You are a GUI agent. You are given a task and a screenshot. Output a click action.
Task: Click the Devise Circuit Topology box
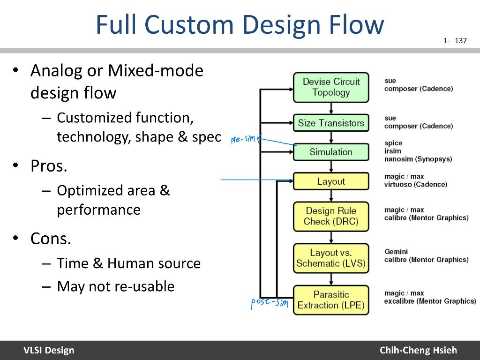tap(331, 87)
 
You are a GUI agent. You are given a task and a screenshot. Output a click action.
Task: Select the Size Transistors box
tap(331, 123)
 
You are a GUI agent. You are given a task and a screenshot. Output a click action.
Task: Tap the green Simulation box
tap(331, 152)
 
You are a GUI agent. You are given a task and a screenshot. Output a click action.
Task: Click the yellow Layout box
tap(331, 181)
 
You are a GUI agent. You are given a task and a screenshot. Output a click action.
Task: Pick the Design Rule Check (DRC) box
tap(331, 216)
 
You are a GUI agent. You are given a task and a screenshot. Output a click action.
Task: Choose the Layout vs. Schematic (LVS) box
tap(331, 258)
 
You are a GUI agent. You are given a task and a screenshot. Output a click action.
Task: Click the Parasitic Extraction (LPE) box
tap(331, 300)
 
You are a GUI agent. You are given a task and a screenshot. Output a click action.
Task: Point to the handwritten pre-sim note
tap(244, 140)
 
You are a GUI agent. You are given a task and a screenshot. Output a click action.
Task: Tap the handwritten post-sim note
tap(269, 303)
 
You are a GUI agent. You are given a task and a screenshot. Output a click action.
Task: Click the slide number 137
tap(461, 41)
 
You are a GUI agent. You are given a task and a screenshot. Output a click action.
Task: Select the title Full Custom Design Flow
tap(240, 25)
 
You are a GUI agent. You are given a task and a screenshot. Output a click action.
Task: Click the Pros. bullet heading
tap(49, 166)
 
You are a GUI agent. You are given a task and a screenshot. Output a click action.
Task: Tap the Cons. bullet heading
tap(51, 239)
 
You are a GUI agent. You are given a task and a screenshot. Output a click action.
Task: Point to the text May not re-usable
tap(115, 286)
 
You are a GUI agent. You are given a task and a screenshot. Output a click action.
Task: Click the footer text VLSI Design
tap(49, 350)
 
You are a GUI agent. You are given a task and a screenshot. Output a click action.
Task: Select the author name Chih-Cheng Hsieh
tap(418, 350)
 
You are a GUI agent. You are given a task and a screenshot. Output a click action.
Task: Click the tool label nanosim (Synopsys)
tap(418, 159)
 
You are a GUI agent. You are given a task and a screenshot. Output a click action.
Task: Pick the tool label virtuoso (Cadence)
tap(416, 184)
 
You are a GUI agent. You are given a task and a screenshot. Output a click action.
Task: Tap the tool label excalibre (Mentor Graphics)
tap(430, 301)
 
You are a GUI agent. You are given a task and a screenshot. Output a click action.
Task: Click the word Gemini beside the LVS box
tap(396, 252)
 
